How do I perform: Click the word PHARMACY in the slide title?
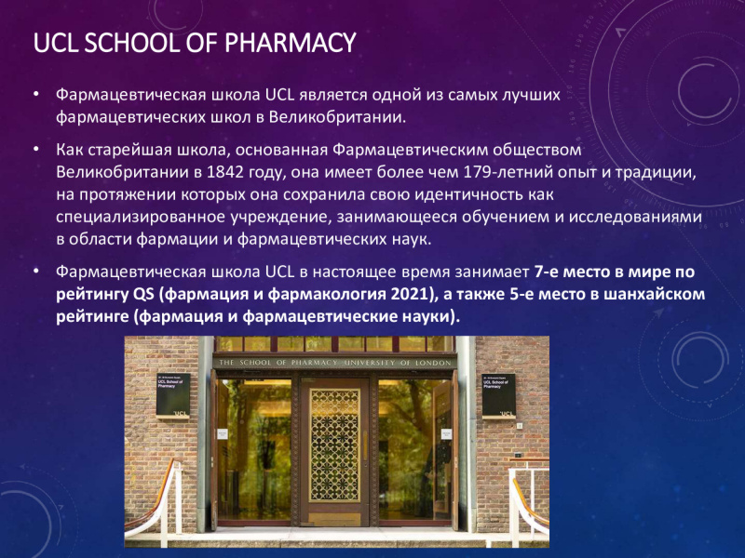pos(290,43)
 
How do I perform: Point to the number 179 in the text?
pos(478,172)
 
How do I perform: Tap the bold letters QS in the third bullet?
pos(144,294)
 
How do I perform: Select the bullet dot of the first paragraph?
pos(36,94)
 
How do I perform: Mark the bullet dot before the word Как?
pos(36,149)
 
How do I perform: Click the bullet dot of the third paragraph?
pos(36,271)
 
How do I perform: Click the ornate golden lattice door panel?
pos(335,445)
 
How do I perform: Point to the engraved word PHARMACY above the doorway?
pos(314,363)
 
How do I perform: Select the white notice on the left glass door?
pos(223,433)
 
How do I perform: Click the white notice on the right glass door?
pos(446,433)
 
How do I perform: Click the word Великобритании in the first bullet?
pos(337,117)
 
